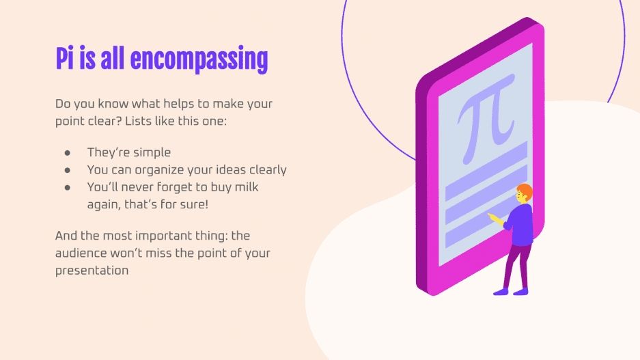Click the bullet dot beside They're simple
click(x=68, y=152)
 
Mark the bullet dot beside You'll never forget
click(x=68, y=186)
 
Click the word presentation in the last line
click(x=92, y=270)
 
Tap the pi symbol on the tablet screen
click(x=486, y=113)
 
